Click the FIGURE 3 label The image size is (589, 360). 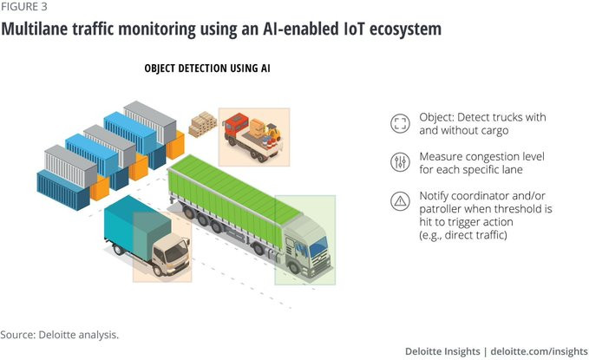23,7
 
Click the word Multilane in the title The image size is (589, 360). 35,29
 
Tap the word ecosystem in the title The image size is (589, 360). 405,29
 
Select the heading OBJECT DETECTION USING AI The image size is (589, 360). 207,69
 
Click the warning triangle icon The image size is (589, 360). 400,201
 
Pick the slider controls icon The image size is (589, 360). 400,162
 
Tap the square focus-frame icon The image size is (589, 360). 400,123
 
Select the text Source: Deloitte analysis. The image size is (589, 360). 59,335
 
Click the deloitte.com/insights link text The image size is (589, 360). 539,351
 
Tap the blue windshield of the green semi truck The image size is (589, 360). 318,246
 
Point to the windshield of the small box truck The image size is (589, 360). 177,251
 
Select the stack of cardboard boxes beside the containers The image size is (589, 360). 202,124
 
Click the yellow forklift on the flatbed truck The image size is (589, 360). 272,134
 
